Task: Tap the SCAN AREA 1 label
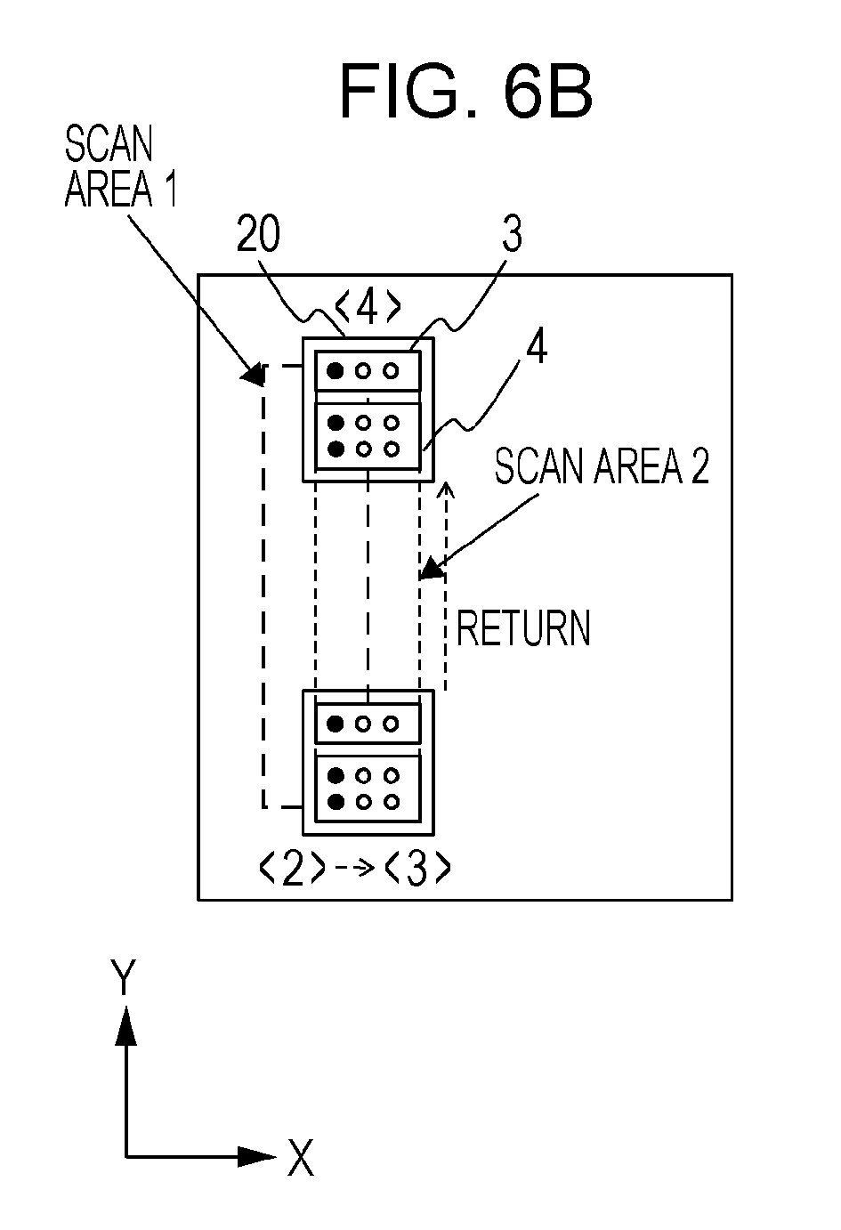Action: [121, 167]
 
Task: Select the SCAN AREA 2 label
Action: [602, 465]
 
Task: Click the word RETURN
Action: [522, 628]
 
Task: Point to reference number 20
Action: [258, 233]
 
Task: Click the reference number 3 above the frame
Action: [512, 233]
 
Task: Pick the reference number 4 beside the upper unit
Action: [537, 347]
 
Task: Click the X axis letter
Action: [301, 1157]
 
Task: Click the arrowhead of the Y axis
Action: [126, 1025]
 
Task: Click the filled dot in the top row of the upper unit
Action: [335, 371]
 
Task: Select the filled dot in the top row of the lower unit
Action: [335, 724]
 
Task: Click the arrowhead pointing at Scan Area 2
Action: [432, 568]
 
